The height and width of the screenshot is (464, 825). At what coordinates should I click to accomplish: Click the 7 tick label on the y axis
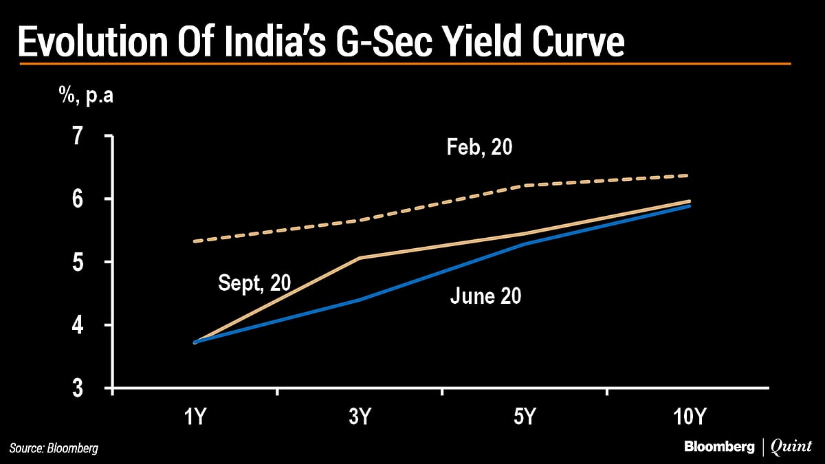coord(81,136)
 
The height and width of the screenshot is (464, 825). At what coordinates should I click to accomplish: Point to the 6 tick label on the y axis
coord(81,199)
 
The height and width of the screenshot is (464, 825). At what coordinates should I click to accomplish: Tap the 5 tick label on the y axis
coord(81,263)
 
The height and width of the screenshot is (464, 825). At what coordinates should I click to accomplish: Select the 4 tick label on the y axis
coord(81,325)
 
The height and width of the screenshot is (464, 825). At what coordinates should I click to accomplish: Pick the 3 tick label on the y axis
coord(81,388)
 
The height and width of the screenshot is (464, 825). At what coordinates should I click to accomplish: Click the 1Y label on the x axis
coord(195,417)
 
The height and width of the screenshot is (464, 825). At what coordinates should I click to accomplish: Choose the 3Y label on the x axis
coord(360,417)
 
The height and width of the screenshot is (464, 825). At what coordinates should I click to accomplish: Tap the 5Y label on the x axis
coord(525,417)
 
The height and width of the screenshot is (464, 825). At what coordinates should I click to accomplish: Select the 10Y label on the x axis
coord(689,417)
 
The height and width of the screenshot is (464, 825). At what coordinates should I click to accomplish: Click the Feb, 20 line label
coord(480,148)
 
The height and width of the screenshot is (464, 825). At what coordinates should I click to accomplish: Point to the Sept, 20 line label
coord(254,283)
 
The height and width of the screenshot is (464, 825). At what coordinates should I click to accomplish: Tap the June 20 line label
coord(485,296)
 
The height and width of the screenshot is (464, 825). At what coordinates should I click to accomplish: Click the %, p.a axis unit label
coord(86,96)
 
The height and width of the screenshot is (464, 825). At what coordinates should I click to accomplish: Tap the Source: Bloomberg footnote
coord(54,448)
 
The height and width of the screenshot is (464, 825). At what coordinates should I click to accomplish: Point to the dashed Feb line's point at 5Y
coord(525,185)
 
